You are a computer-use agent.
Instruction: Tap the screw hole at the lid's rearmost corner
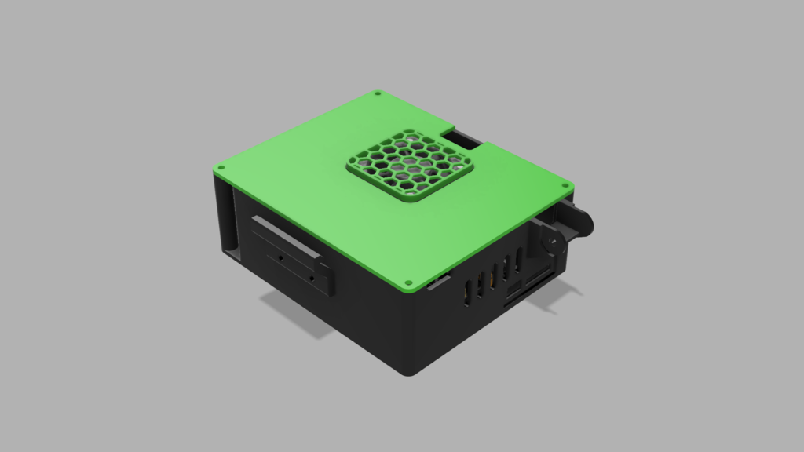(x=378, y=93)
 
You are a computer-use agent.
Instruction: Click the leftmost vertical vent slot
(x=469, y=290)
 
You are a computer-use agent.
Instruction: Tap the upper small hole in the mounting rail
(x=280, y=256)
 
